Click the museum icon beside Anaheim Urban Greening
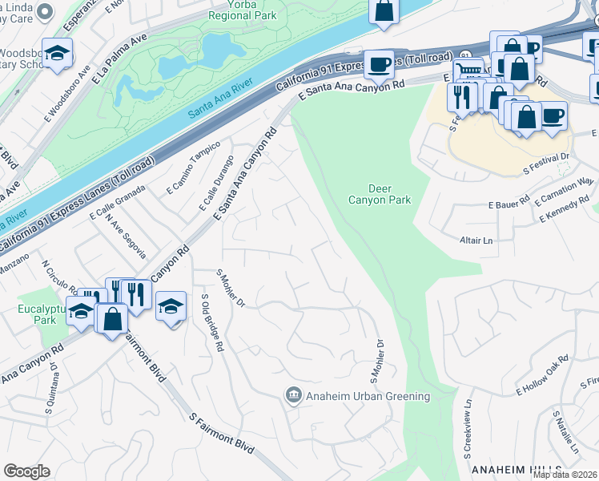293,395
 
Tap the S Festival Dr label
545,164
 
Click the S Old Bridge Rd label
211,322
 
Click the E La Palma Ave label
121,58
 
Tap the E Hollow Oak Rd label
547,381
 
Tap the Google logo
26,471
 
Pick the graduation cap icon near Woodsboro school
58,53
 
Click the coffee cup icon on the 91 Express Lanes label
379,63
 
